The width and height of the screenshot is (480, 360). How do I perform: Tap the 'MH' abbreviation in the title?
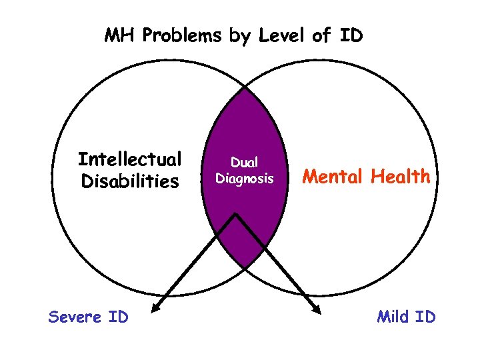(x=119, y=35)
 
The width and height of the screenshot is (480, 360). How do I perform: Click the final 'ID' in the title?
(x=351, y=35)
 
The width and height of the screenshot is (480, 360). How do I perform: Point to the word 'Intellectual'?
(x=129, y=159)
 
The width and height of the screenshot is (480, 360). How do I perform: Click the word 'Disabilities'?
(x=129, y=181)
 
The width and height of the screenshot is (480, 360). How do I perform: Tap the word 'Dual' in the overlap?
(x=244, y=161)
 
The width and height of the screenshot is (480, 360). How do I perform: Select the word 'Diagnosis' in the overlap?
(x=244, y=179)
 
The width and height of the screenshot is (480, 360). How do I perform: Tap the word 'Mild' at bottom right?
(x=393, y=317)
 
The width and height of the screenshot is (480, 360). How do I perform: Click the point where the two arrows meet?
(x=235, y=215)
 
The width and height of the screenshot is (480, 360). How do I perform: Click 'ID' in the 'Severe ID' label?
(x=118, y=317)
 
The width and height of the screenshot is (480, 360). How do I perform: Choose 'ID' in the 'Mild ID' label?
(x=425, y=317)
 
